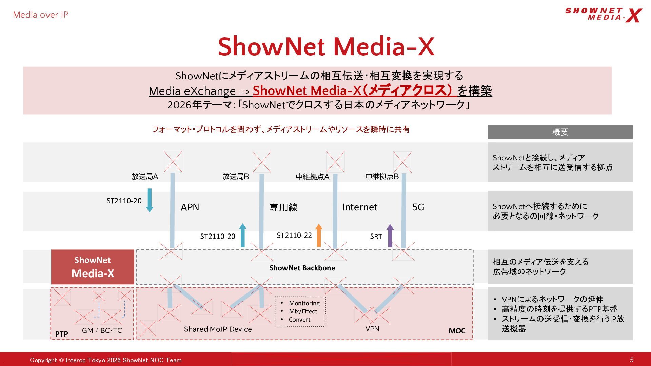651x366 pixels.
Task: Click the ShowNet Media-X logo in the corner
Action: [604, 15]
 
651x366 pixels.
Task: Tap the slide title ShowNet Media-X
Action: [326, 46]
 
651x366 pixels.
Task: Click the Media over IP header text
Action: [40, 15]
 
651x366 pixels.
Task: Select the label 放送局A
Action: [145, 176]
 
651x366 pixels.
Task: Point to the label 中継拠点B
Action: [382, 176]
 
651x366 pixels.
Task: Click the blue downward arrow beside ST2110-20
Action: [150, 200]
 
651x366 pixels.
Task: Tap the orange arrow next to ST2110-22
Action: [319, 235]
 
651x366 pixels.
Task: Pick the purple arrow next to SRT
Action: [390, 236]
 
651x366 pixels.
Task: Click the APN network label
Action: [190, 207]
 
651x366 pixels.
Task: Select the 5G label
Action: [418, 207]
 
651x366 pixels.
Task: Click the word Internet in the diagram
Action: [360, 207]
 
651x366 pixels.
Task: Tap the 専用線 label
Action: [283, 207]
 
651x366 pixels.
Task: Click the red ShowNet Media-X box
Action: [93, 267]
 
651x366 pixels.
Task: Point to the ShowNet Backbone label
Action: [302, 268]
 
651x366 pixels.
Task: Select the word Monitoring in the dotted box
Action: [304, 303]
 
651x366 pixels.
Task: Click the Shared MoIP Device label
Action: [218, 329]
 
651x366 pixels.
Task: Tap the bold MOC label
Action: [457, 331]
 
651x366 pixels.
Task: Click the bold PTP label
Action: [62, 334]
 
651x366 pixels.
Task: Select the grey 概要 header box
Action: [560, 132]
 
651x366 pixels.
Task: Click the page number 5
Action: [632, 360]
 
